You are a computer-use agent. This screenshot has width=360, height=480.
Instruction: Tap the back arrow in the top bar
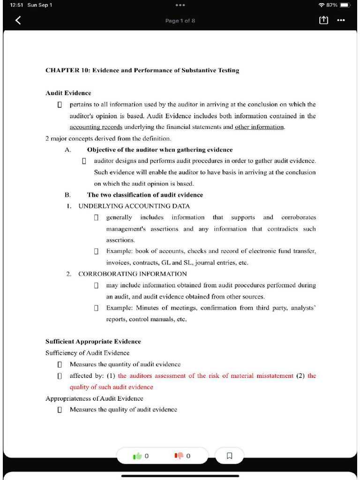pos(18,20)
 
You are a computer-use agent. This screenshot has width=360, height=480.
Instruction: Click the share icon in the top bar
pos(323,20)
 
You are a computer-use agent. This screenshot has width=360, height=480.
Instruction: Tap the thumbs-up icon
pos(137,456)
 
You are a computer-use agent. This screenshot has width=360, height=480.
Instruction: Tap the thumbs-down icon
pos(179,456)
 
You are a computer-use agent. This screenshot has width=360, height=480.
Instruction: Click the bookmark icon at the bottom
pos(229,456)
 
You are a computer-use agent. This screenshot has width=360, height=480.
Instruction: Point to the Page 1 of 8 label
pos(180,21)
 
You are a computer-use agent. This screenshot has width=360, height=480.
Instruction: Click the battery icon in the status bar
pos(345,5)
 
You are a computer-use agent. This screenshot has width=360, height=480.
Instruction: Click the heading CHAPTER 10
pos(142,70)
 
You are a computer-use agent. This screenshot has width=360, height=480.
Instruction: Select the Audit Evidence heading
pos(68,93)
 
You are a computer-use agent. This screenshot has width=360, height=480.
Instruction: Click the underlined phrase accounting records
pos(96,127)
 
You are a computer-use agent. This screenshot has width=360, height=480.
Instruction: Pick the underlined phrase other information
pos(259,127)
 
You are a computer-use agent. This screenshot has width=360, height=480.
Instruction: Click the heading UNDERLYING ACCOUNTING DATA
pos(134,206)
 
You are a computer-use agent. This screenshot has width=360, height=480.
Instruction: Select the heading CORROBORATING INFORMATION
pos(132,274)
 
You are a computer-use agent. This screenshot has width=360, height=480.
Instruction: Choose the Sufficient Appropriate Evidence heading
pos(93,341)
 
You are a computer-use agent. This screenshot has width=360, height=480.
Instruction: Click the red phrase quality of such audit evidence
pos(112,387)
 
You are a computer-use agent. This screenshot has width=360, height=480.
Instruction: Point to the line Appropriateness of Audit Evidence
pos(94,398)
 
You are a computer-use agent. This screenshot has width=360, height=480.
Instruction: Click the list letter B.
pos(67,195)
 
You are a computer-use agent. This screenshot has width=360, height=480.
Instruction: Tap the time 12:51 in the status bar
pos(16,5)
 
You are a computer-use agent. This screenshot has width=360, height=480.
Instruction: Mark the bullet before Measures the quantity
pos(60,364)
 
